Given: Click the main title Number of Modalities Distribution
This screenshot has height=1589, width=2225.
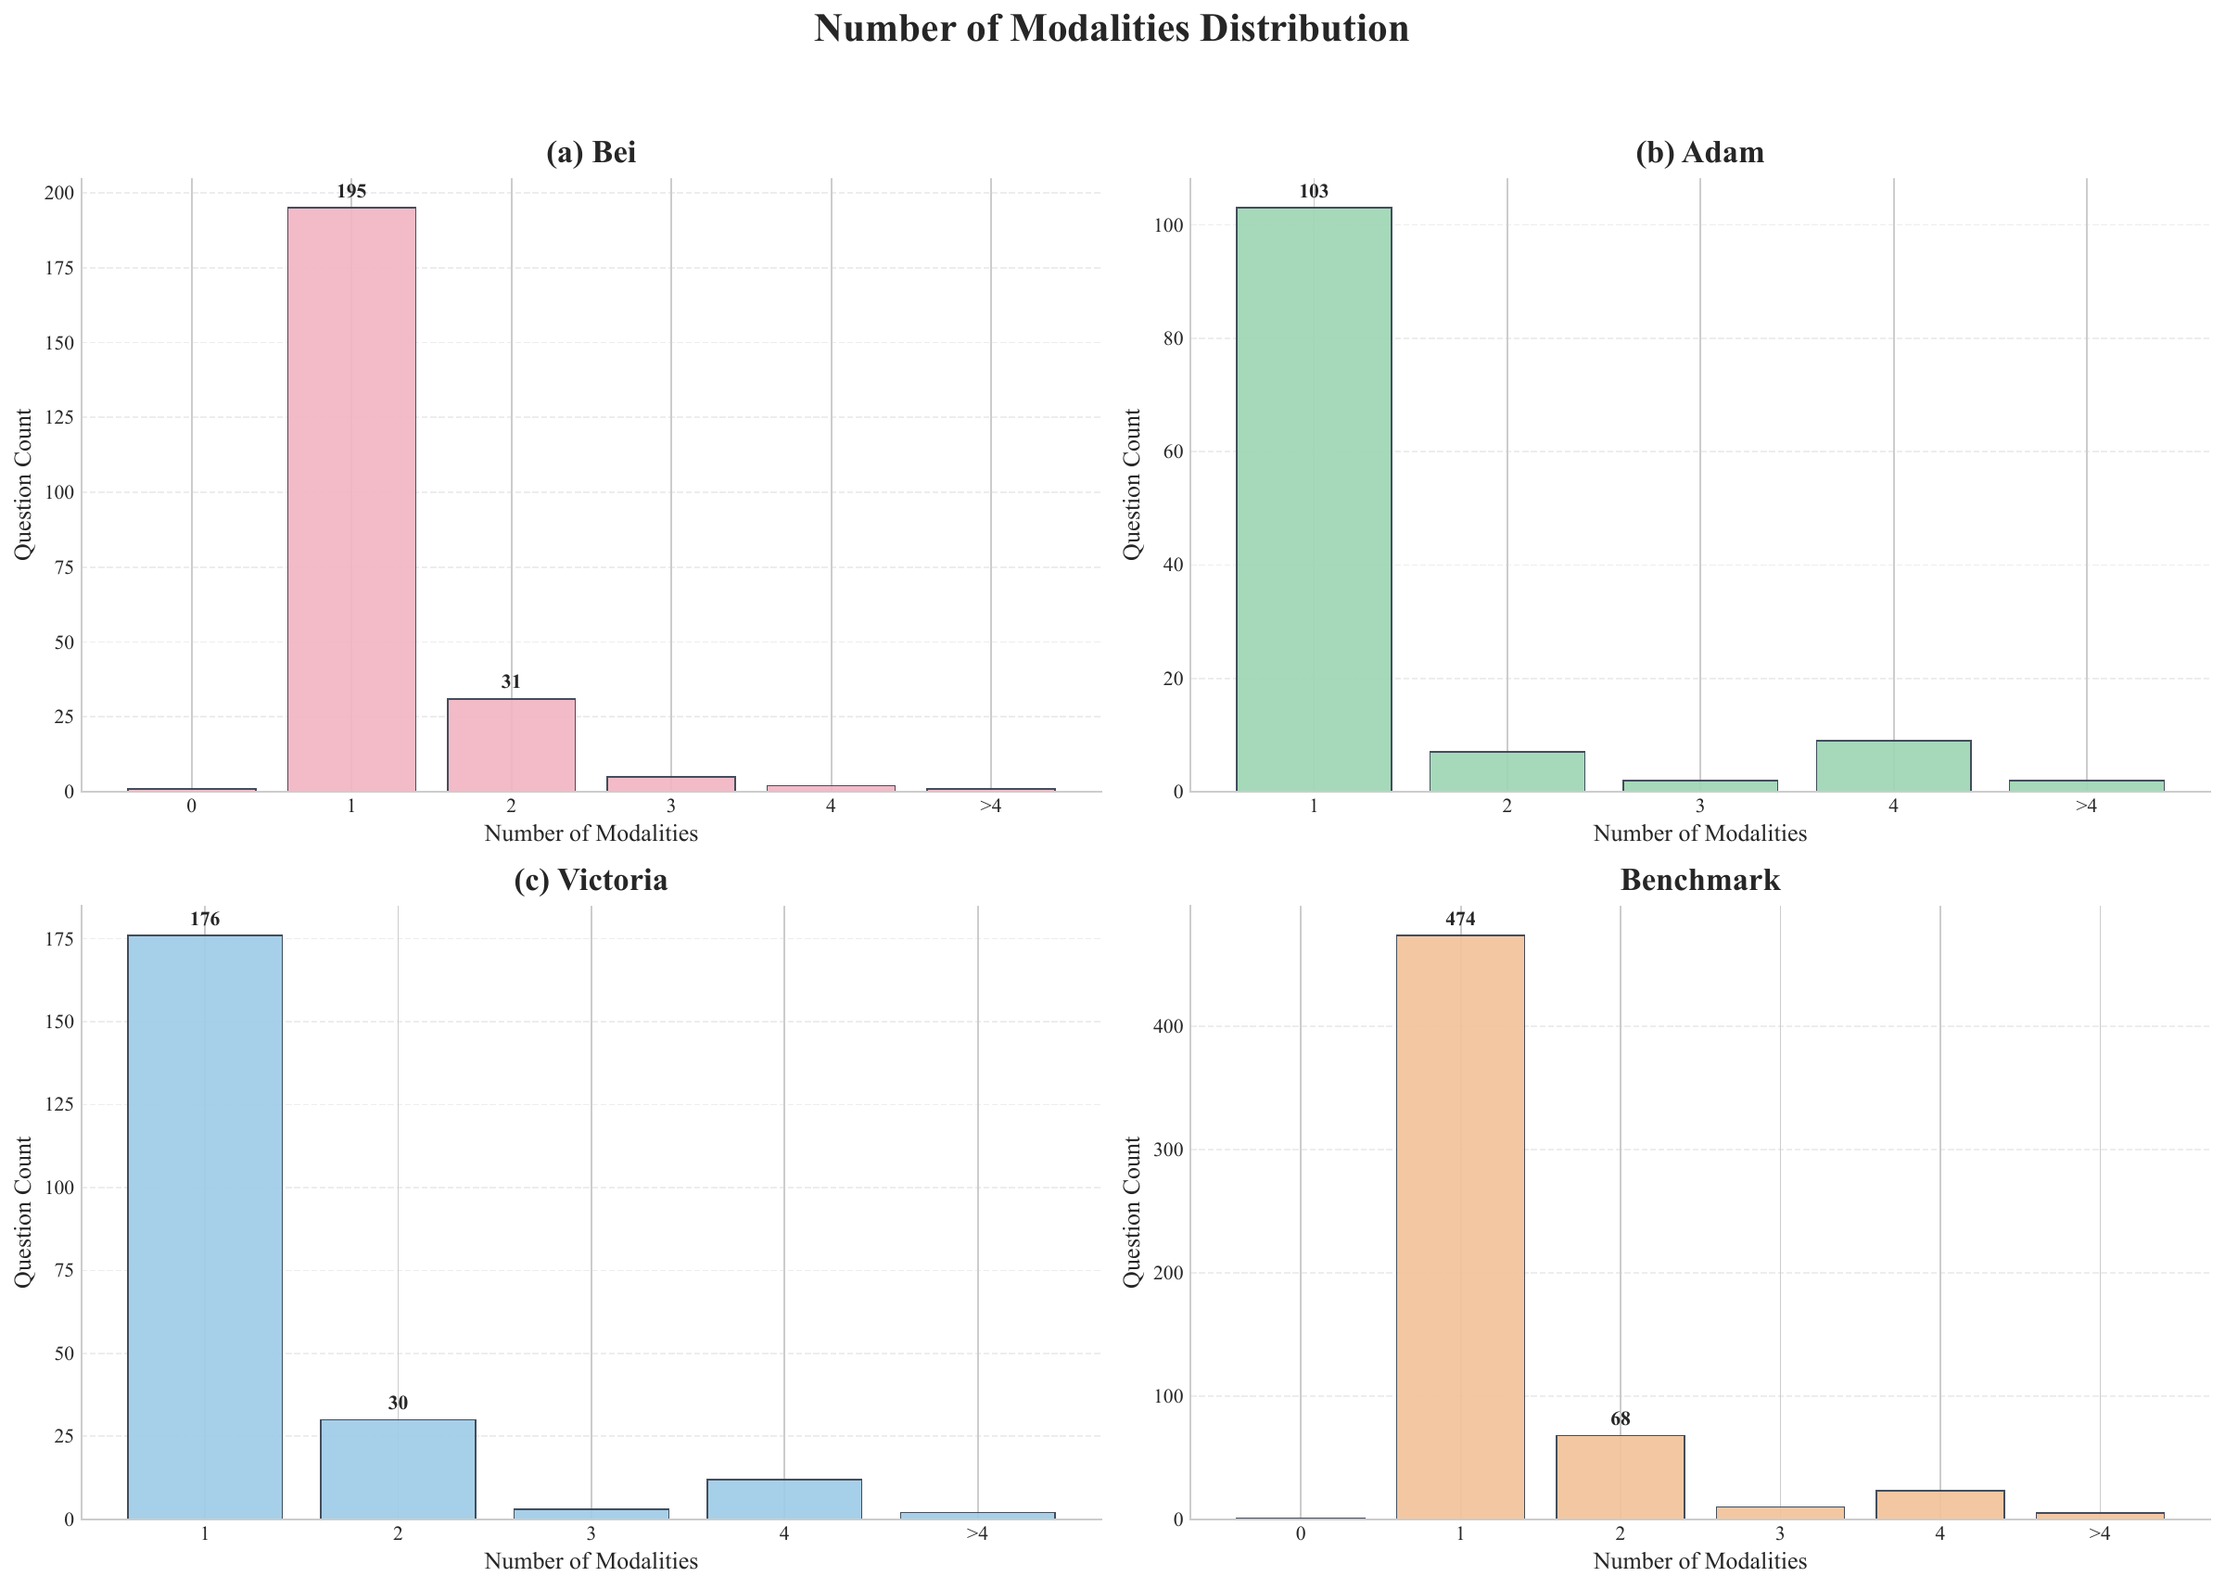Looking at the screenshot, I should click(x=1112, y=30).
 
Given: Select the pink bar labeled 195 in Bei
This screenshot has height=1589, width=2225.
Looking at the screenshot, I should click(x=351, y=499).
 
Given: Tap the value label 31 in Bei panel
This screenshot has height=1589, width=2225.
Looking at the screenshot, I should click(x=511, y=682).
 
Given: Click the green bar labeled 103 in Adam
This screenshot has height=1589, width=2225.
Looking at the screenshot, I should click(x=1313, y=499).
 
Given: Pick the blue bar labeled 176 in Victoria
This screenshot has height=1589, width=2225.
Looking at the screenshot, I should click(x=205, y=1227).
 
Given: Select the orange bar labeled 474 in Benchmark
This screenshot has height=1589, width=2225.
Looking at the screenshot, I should click(x=1460, y=1227).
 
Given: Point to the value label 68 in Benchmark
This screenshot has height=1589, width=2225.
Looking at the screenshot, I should click(x=1621, y=1418).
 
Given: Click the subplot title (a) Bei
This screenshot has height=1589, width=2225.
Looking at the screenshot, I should click(x=591, y=153).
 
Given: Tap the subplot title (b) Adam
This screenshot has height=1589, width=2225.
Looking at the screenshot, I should click(x=1699, y=153).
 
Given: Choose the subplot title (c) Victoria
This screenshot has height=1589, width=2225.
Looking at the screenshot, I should click(x=591, y=881).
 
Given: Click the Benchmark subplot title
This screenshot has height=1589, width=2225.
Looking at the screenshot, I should click(x=1699, y=881).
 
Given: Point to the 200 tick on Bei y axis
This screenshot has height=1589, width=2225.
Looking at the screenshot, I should click(x=58, y=194).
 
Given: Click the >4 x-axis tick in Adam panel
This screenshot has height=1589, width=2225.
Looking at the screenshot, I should click(x=2086, y=807).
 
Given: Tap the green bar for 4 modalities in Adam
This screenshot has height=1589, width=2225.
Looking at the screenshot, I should click(x=1893, y=766).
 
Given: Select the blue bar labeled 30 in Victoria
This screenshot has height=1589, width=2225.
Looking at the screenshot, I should click(x=397, y=1468).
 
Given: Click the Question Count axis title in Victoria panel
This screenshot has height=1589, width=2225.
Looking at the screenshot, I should click(x=23, y=1212).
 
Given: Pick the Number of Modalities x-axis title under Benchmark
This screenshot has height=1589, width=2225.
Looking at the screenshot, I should click(x=1699, y=1560).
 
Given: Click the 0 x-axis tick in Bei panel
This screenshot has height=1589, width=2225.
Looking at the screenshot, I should click(x=191, y=807).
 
